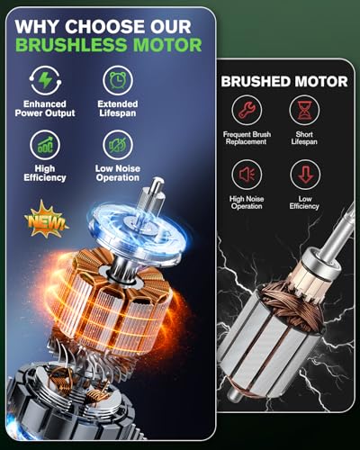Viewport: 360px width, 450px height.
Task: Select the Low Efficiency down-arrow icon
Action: point(305,173)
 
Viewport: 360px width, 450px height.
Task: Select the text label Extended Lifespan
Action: point(117,110)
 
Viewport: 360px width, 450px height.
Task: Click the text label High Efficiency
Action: point(45,173)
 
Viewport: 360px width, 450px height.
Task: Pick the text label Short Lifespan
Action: point(305,139)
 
